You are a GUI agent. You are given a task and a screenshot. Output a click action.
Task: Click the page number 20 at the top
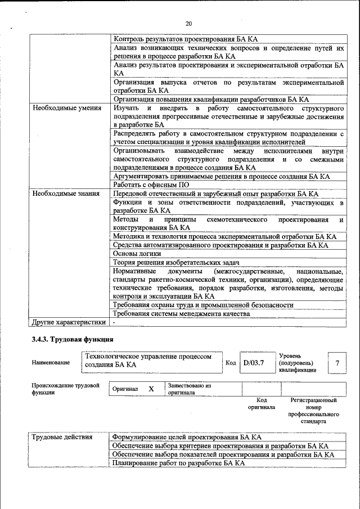click(x=188, y=23)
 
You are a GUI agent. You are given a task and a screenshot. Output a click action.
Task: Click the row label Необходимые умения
click(x=67, y=108)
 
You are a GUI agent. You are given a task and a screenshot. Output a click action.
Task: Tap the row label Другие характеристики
click(x=69, y=322)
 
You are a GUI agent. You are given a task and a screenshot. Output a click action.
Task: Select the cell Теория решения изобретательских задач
click(x=176, y=263)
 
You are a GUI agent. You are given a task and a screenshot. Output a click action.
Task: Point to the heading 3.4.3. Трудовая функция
click(x=73, y=340)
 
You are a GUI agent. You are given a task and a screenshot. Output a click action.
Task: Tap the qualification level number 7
click(x=337, y=363)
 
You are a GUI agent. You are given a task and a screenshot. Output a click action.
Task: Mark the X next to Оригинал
click(x=151, y=389)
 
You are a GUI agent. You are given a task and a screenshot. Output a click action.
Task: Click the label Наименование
click(x=51, y=363)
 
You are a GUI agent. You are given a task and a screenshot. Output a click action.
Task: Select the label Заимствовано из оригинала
click(x=189, y=389)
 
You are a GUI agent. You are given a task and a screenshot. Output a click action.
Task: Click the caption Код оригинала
click(x=261, y=403)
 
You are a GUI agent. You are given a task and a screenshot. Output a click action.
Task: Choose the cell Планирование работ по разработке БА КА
click(x=179, y=463)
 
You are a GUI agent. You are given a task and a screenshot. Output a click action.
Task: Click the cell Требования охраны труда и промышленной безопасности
click(x=203, y=305)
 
